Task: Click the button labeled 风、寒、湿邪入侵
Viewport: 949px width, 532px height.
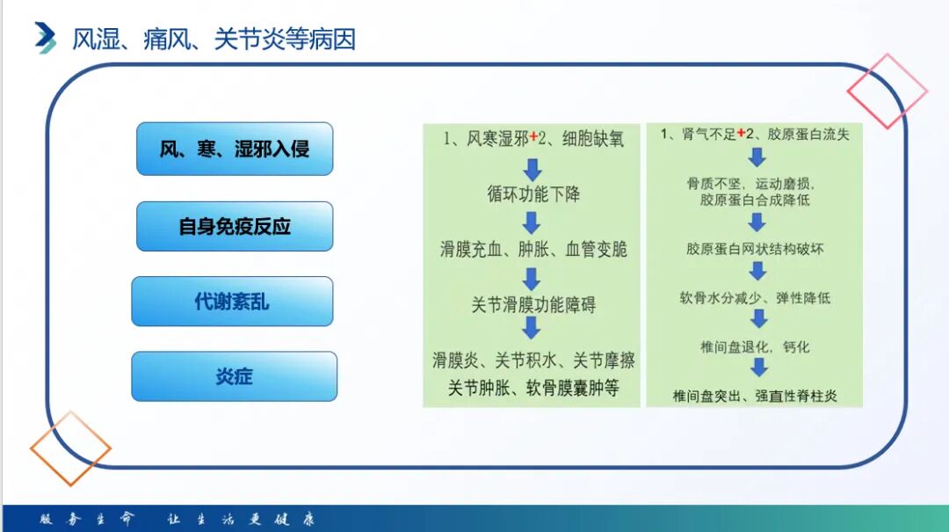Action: (235, 149)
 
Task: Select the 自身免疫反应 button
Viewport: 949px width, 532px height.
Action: (235, 226)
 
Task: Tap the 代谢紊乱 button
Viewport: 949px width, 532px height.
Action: (232, 302)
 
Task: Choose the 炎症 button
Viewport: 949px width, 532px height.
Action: (234, 376)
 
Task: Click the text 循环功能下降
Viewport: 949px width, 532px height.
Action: (533, 193)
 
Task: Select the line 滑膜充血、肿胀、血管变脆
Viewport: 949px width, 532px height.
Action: (533, 249)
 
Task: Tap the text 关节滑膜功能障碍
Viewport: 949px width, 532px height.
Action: (533, 305)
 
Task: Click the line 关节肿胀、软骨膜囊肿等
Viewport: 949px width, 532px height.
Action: (533, 387)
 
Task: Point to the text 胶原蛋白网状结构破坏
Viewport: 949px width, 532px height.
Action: (755, 249)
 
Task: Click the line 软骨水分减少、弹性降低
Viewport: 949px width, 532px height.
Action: (755, 297)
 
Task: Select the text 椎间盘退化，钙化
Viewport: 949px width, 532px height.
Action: (755, 346)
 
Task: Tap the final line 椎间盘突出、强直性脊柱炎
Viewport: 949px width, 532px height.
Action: (755, 396)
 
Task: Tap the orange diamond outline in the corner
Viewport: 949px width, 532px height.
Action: (70, 448)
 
